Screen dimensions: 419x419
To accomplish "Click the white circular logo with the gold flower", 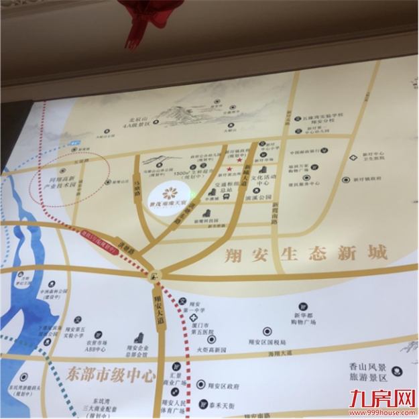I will pyautogui.click(x=170, y=193).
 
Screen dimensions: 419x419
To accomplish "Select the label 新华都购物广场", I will pyautogui.click(x=304, y=318).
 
